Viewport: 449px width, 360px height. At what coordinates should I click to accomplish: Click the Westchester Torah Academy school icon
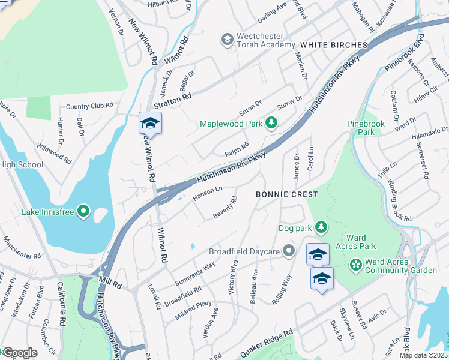tap(227, 40)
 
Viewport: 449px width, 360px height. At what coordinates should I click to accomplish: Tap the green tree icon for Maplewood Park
tap(271, 123)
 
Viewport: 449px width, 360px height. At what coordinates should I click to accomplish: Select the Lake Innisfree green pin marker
tap(83, 211)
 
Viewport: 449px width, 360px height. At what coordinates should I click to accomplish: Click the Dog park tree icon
tap(322, 227)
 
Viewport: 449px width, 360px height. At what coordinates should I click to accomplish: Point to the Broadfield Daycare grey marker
tap(289, 251)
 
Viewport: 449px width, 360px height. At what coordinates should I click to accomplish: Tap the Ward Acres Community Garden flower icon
tap(355, 264)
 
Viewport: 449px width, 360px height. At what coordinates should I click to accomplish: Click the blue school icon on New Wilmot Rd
tap(151, 124)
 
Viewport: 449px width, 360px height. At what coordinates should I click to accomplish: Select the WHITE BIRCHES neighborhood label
tap(333, 45)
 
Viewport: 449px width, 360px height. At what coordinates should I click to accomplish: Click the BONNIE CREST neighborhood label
tap(286, 194)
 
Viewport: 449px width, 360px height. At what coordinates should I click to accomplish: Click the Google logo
tap(19, 353)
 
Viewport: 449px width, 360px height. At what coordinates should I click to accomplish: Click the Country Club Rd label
tap(89, 106)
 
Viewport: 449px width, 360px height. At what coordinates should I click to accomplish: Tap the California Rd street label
tap(61, 304)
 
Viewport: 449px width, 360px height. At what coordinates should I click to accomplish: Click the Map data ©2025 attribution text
tap(423, 355)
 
